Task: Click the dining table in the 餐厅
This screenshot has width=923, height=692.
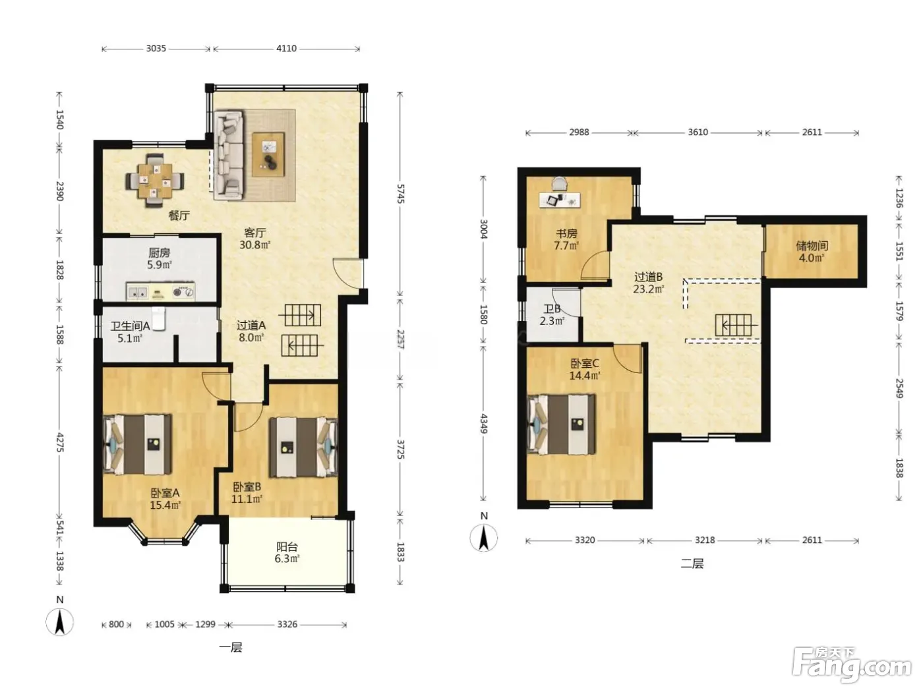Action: (x=155, y=181)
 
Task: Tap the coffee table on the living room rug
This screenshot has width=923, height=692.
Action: (x=268, y=154)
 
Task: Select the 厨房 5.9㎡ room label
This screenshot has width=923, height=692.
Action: (x=160, y=258)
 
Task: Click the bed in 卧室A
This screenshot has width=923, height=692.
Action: (x=138, y=444)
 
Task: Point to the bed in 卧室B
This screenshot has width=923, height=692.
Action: (x=303, y=447)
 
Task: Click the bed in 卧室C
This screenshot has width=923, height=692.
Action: (x=561, y=424)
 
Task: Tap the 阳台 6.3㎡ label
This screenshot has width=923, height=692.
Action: (x=287, y=552)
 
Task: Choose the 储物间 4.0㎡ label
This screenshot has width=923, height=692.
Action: (x=812, y=252)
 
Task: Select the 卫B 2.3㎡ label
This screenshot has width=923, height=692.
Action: (x=552, y=315)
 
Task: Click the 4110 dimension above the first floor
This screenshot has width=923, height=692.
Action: (x=286, y=48)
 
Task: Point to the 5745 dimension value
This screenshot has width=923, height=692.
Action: (x=400, y=194)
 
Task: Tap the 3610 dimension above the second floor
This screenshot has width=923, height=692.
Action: (x=698, y=132)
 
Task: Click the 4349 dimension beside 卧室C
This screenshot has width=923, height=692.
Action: (x=483, y=424)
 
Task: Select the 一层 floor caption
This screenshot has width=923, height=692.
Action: (x=231, y=647)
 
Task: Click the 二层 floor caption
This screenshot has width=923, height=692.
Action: (x=692, y=563)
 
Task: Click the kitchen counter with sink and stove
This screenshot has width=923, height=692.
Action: (x=161, y=291)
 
